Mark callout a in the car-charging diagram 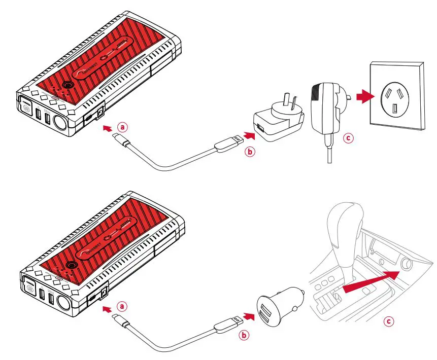122,307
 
